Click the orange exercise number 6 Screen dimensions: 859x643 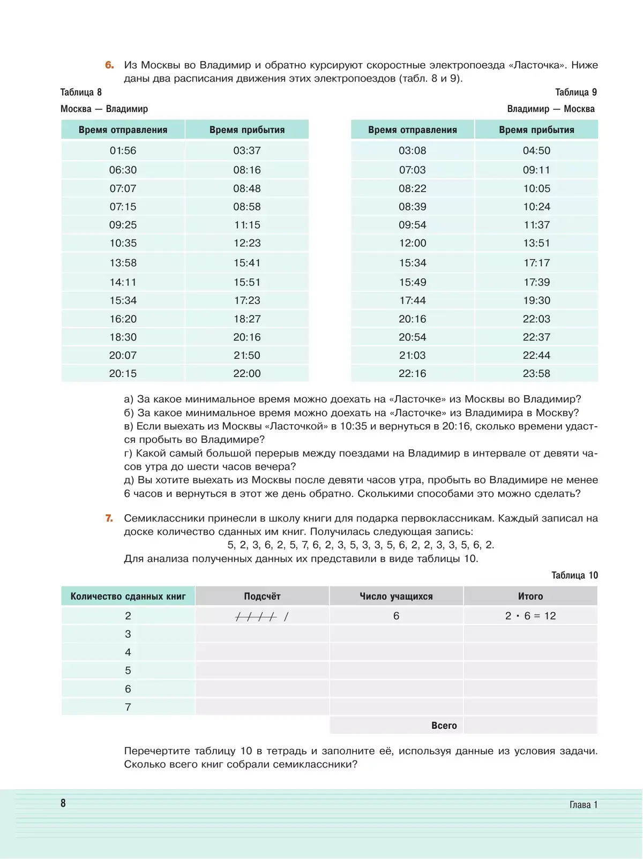(109, 65)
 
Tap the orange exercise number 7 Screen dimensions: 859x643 (109, 518)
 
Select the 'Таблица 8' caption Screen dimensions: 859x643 (81, 92)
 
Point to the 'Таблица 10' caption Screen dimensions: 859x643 (574, 575)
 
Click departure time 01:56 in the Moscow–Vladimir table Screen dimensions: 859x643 (123, 150)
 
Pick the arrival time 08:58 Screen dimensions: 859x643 (246, 207)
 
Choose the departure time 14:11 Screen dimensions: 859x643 (123, 282)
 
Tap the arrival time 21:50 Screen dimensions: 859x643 (246, 355)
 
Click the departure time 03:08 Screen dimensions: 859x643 (412, 150)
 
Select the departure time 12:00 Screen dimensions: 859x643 (412, 243)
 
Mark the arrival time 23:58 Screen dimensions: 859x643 (536, 373)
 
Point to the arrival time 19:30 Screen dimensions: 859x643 (536, 300)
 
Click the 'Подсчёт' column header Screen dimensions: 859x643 (262, 596)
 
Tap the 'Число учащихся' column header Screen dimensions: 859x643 (396, 596)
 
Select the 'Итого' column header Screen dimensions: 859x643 (530, 596)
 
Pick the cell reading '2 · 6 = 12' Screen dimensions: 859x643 (530, 616)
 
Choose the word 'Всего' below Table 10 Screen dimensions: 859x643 (444, 726)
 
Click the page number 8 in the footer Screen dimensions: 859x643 (63, 803)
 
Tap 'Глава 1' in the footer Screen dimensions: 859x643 (583, 804)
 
